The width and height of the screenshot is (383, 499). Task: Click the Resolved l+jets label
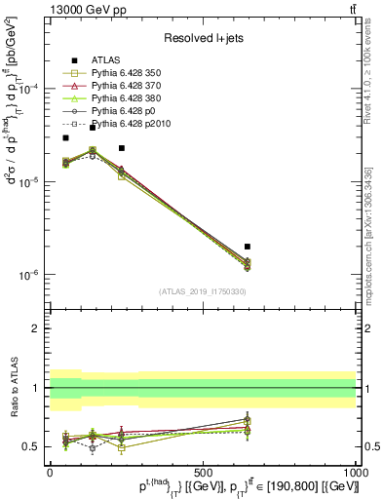point(202,39)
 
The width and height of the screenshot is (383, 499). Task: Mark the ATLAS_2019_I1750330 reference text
point(203,292)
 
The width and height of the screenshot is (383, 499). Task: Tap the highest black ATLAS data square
point(93,128)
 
